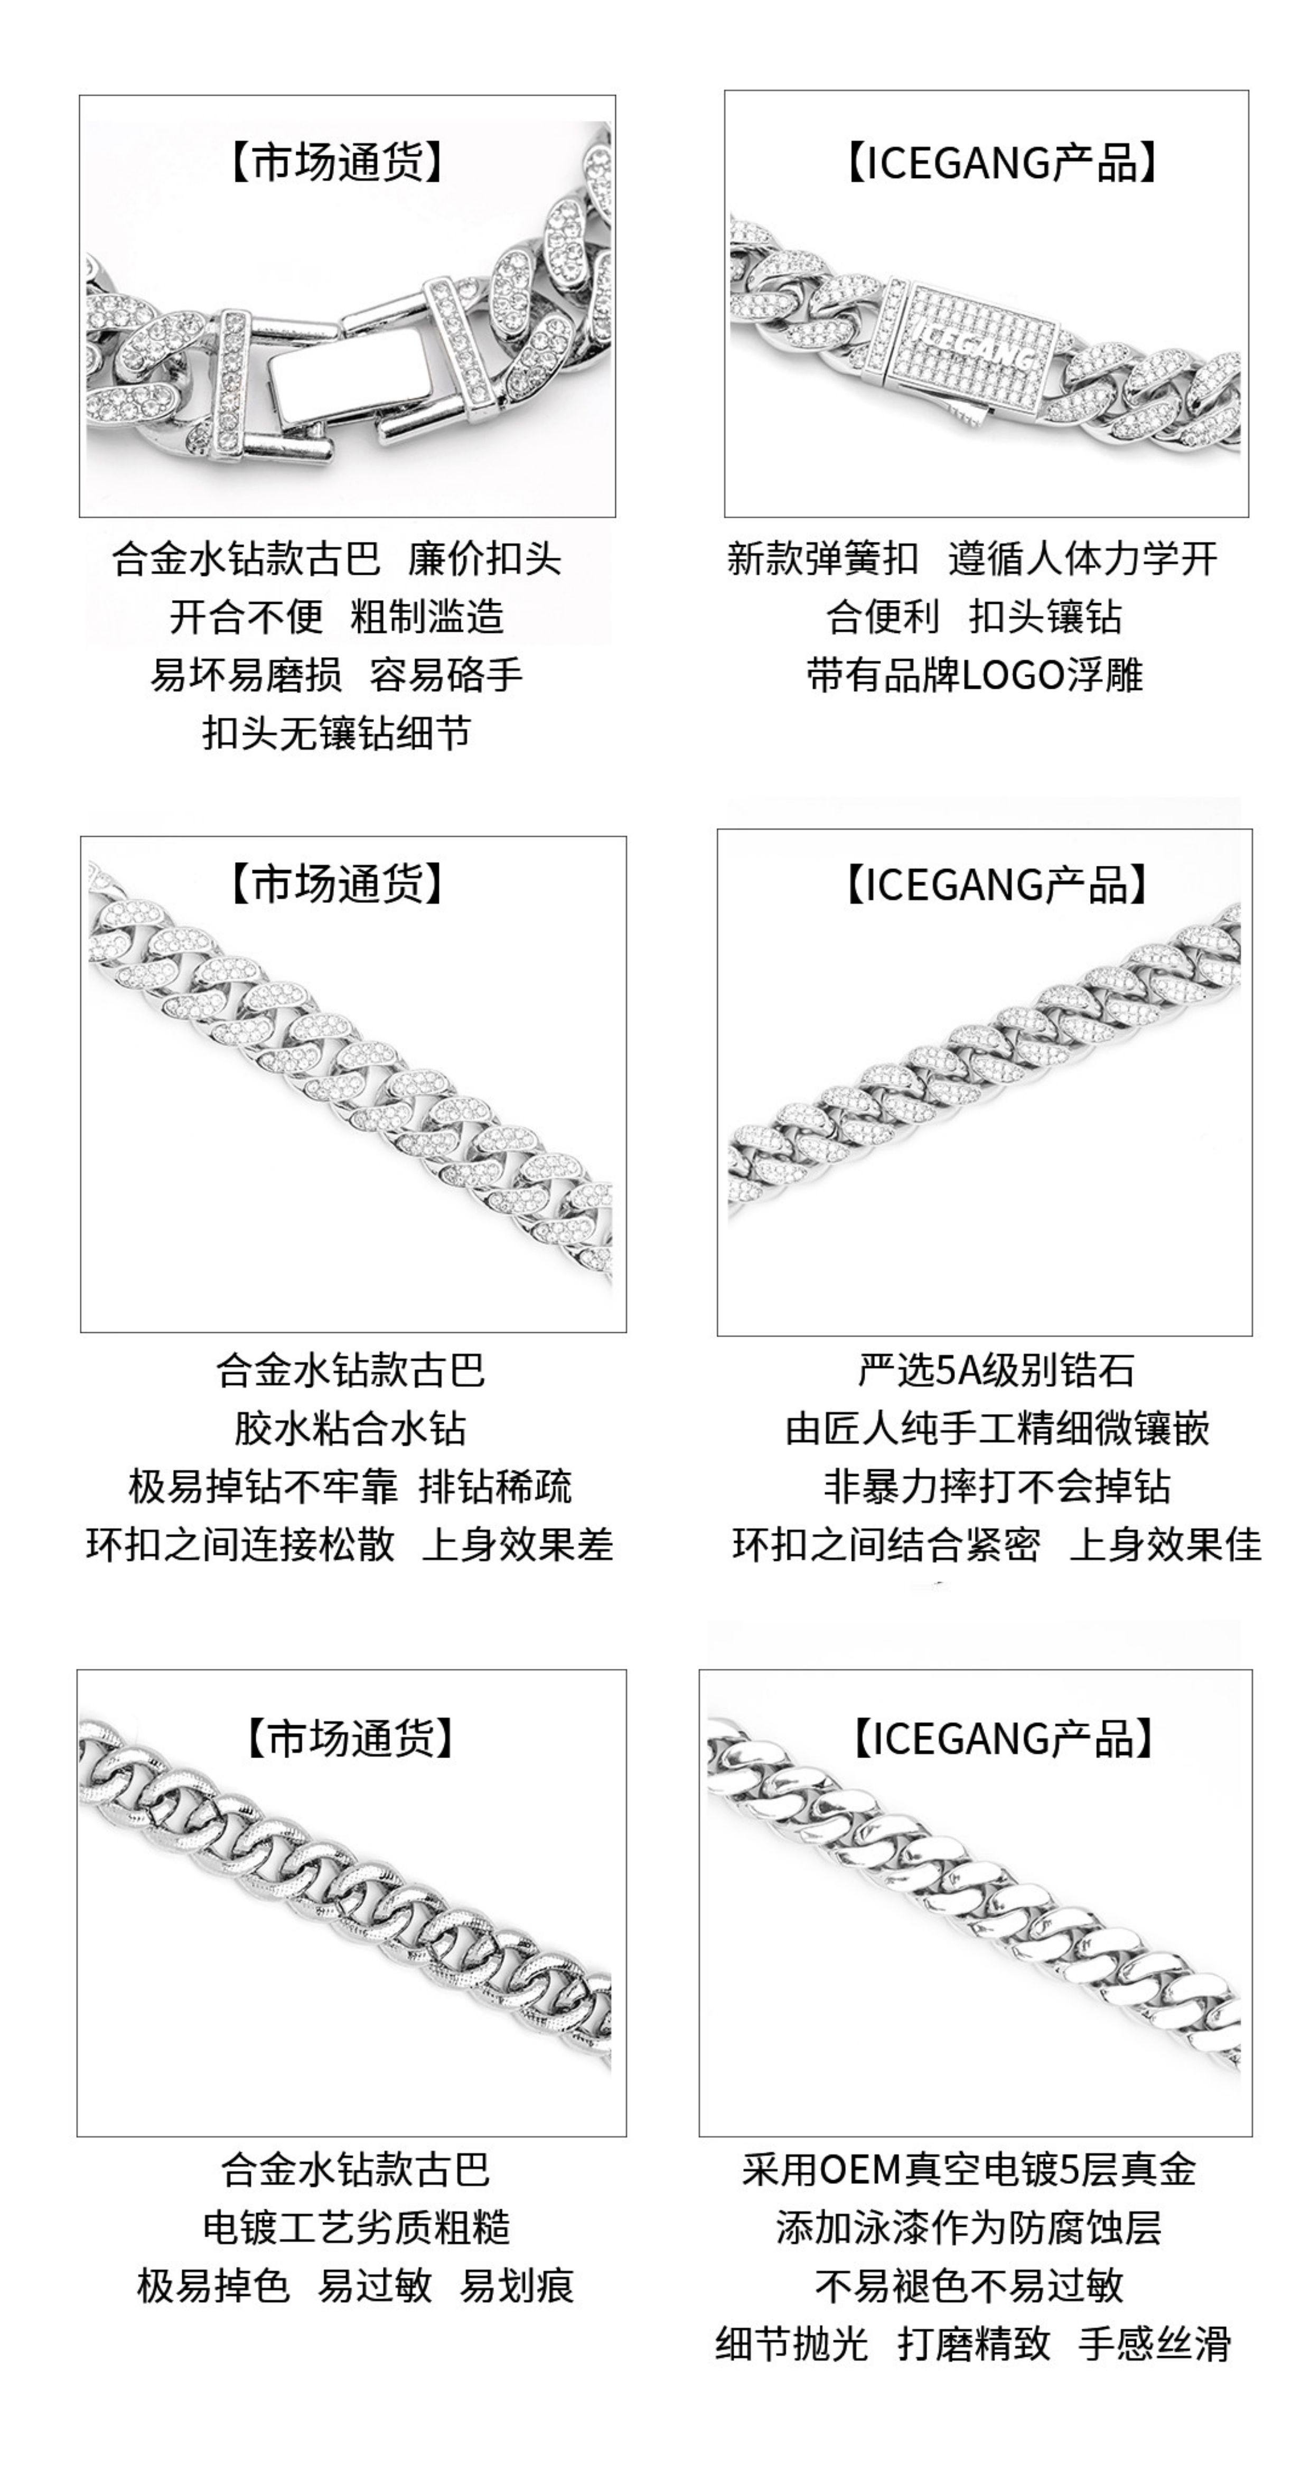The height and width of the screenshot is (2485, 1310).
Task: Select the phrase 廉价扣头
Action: [484, 558]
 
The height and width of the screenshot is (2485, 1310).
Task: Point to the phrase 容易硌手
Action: [446, 674]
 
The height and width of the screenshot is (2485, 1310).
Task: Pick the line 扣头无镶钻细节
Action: [336, 733]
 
